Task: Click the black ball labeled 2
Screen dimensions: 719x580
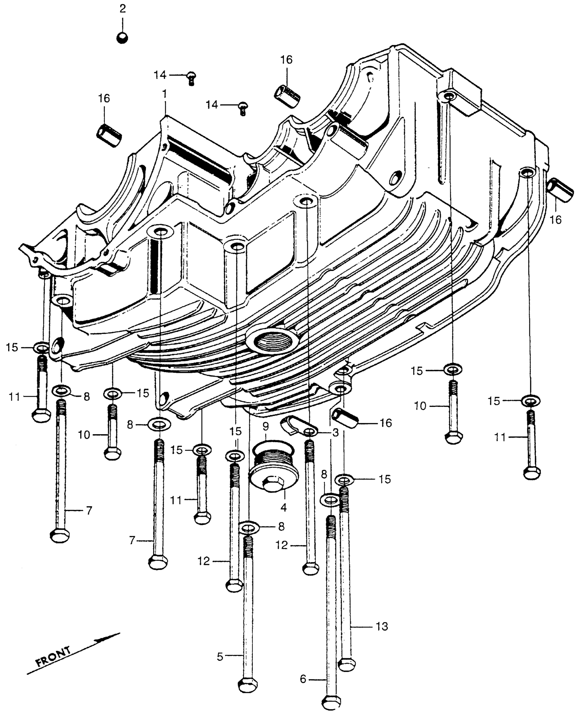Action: (x=122, y=38)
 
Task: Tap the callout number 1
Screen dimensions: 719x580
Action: (x=165, y=94)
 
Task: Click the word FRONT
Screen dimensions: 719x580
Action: (x=54, y=657)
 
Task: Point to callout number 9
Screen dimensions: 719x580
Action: (x=266, y=426)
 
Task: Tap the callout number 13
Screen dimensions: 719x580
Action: (x=382, y=627)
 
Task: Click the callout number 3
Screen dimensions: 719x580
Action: (x=335, y=433)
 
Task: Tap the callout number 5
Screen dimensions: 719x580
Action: (x=220, y=656)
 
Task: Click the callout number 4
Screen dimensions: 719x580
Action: (x=284, y=508)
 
